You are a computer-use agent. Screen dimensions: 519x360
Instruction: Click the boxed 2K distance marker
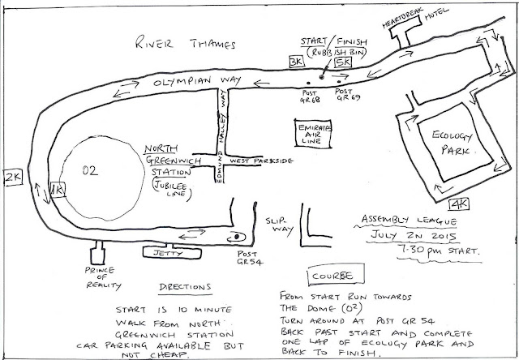13,178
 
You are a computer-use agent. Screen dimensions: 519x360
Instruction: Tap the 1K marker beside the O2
58,190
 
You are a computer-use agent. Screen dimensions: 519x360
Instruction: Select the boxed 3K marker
296,62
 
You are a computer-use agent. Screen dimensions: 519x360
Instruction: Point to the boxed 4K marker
459,204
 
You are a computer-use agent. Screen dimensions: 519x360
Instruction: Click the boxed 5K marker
343,62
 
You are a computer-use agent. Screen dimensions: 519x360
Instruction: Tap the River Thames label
186,43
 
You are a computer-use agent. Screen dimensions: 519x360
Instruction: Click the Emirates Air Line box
313,133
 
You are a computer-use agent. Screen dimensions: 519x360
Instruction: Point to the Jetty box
172,253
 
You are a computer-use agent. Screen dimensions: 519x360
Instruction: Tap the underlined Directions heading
185,287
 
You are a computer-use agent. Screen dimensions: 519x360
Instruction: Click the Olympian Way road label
197,81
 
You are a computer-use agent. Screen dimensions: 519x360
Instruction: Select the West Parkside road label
261,161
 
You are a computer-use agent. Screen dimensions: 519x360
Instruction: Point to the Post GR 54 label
250,258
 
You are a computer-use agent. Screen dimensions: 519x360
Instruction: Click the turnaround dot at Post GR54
237,237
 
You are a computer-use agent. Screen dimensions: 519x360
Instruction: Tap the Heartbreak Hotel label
415,17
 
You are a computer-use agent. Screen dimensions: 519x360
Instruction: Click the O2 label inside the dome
90,170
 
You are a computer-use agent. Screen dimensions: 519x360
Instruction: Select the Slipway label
279,225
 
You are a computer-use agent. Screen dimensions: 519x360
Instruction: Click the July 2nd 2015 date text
414,235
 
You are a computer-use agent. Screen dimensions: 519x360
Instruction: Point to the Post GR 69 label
348,94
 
